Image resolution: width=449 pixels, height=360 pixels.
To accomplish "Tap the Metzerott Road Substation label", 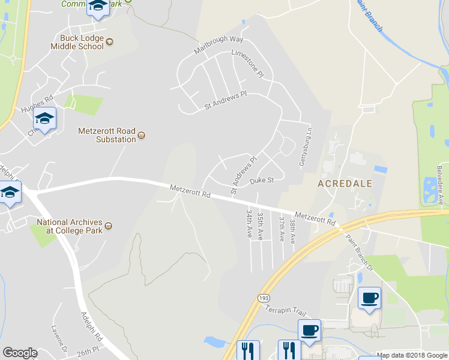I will (107, 135).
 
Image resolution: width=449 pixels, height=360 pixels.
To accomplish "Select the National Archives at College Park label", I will (68, 226).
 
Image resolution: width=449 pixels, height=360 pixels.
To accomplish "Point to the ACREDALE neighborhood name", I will (345, 183).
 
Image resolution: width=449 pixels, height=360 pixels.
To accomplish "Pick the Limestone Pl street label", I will (248, 64).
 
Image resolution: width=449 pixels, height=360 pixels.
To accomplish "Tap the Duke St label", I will (262, 180).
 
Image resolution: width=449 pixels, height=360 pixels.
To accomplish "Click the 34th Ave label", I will (249, 223).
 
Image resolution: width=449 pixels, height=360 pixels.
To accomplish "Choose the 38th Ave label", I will (292, 230).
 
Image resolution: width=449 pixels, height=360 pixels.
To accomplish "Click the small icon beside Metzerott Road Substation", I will (142, 135).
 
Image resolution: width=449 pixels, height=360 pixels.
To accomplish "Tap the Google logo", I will (20, 353).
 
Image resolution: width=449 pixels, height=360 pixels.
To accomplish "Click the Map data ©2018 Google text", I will (412, 355).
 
